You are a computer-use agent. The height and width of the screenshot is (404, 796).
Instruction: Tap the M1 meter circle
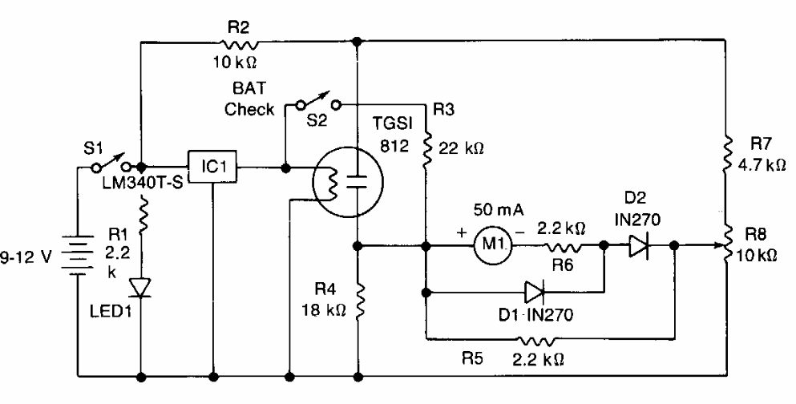click(x=492, y=245)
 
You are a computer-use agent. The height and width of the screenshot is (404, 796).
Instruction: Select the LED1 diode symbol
click(x=139, y=288)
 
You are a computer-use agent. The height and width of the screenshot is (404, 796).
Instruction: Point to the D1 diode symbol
click(x=535, y=293)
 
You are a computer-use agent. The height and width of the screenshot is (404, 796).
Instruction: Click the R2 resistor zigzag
click(x=239, y=42)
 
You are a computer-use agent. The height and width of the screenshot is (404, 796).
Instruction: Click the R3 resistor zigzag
click(x=427, y=147)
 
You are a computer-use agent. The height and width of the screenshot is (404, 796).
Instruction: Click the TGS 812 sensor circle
click(x=348, y=182)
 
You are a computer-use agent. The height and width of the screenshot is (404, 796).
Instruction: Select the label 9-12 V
click(x=26, y=257)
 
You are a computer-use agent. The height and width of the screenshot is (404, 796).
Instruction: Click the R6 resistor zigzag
click(x=563, y=247)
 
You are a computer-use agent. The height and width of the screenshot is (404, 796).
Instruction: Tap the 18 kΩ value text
click(x=325, y=310)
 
